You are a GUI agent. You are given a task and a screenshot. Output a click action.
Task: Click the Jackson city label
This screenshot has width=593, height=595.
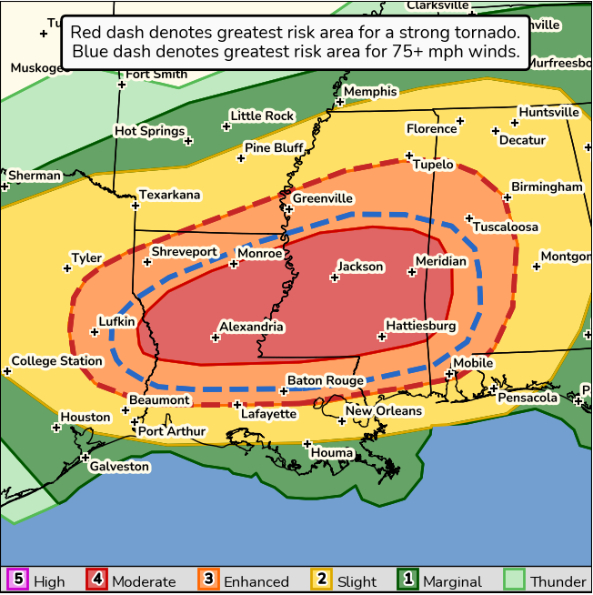pos(360,267)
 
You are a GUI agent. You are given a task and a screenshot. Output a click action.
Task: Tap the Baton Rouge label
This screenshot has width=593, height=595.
pos(326,380)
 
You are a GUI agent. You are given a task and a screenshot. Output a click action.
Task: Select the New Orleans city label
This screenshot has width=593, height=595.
pos(384,410)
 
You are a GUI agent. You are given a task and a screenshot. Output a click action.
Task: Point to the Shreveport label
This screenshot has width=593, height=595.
pos(184,251)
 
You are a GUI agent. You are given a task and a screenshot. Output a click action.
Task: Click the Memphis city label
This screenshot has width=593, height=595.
pos(370,91)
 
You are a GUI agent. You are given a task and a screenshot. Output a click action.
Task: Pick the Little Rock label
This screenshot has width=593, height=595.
pos(262,116)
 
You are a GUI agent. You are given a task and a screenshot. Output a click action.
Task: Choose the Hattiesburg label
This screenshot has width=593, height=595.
pos(420,325)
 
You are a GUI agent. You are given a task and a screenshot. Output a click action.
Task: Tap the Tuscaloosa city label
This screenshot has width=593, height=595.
pos(506,227)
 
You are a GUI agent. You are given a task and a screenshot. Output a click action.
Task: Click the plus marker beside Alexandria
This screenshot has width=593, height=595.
pos(216,338)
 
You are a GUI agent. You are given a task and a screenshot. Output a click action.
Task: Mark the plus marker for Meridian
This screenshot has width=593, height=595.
pos(412,272)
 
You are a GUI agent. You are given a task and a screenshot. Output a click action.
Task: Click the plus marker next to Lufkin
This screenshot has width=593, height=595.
pos(94,333)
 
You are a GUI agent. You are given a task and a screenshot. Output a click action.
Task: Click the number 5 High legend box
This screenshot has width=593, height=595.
pos(16,580)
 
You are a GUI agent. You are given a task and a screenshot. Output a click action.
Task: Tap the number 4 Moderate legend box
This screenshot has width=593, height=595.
pos(97,580)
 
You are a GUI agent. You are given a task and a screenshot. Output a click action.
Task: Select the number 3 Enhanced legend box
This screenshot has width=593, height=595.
pos(208,580)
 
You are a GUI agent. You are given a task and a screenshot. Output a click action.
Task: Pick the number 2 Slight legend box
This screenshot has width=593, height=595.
pos(321,580)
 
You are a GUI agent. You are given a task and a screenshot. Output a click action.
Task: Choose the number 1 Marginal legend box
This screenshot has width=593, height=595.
pos(408,580)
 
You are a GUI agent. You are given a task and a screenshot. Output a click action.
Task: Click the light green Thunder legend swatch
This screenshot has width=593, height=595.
pos(515,580)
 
